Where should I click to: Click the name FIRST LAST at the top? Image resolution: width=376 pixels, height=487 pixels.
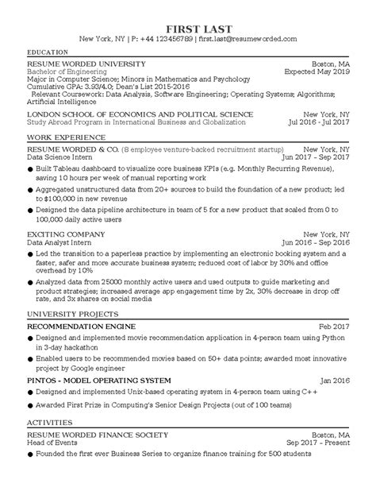coord(188,25)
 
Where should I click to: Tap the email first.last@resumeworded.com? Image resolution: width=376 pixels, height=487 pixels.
coord(247,39)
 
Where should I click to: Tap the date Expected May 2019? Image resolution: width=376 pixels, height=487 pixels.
coord(316,72)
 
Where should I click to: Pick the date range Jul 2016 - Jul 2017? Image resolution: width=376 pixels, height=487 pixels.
coord(312,122)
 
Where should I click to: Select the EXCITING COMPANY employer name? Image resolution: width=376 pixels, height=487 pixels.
coord(66,235)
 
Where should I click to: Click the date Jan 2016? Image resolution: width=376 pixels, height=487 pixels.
coord(332,380)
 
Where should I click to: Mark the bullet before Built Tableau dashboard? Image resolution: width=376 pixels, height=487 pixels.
coord(30,171)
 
